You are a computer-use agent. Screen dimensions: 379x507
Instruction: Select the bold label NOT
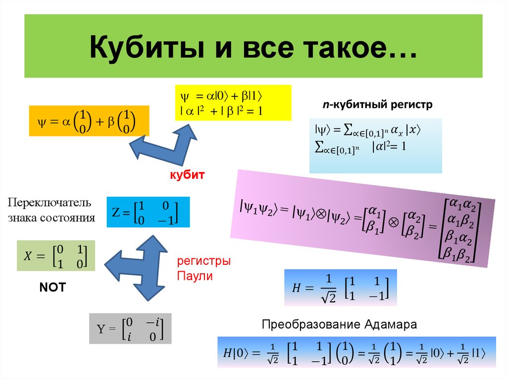(x=52, y=288)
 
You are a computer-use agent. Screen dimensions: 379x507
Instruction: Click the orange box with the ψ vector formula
(x=89, y=121)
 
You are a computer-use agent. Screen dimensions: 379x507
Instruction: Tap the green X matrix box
(x=55, y=255)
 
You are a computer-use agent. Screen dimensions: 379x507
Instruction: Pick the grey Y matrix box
(x=130, y=329)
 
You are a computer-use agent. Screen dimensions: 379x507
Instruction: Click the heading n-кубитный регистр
(x=378, y=105)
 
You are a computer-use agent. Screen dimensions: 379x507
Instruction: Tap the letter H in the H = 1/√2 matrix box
(x=296, y=289)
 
